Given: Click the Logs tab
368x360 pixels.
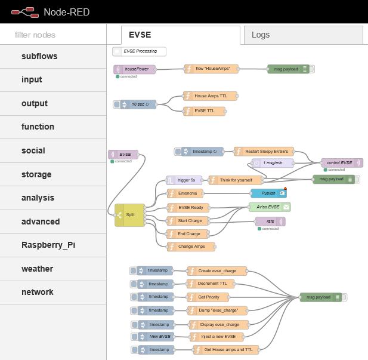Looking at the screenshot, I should pos(261,35).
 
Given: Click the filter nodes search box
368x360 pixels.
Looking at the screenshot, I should pos(53,35).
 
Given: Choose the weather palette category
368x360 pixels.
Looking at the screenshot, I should pos(37,269).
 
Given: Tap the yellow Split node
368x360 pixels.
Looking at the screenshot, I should pos(130,215).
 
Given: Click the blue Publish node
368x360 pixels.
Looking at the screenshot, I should pos(269,193).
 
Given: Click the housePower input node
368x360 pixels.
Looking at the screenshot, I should pos(135,69).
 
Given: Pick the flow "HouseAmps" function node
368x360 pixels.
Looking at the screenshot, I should pos(212,69).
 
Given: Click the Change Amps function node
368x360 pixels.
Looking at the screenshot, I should pos(190,246).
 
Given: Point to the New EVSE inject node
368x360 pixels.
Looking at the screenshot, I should pos(156,337).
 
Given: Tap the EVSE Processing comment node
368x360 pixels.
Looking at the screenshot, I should pos(139,51).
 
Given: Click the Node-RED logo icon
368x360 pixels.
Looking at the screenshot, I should pos(23,11).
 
